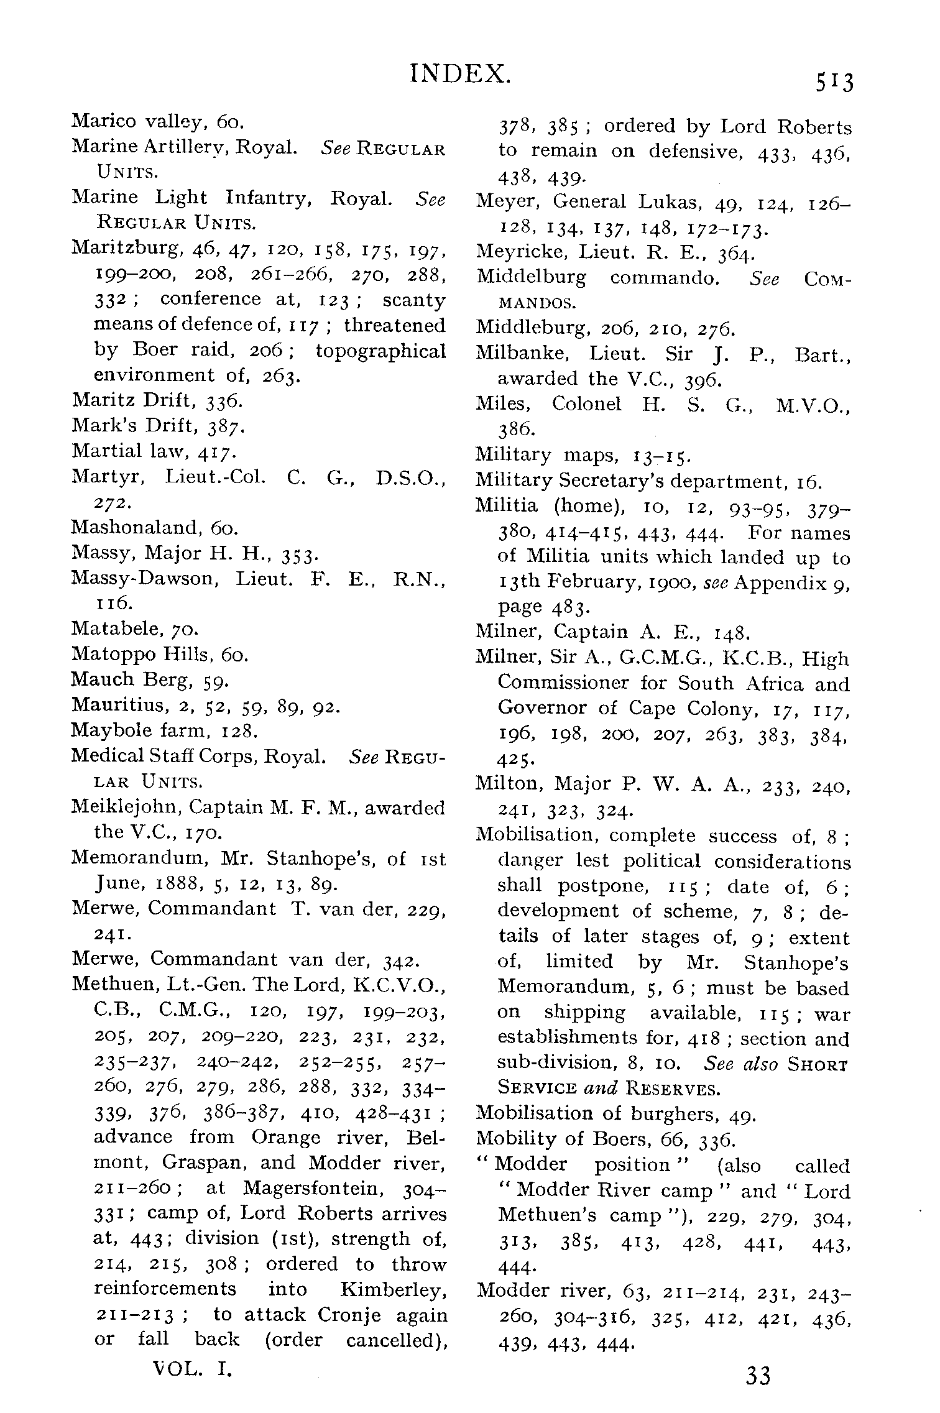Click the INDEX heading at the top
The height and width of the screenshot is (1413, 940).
click(461, 73)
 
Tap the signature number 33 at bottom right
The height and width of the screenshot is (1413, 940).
click(758, 1375)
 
